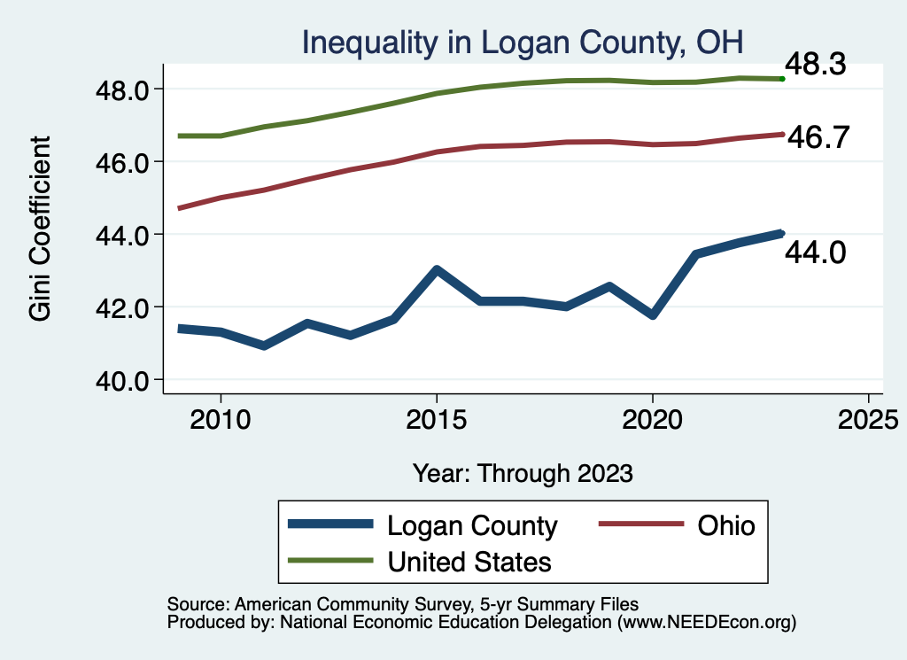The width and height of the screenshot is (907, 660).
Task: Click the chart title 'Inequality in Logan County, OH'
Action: point(523,42)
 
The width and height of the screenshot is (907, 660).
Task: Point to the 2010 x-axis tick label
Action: point(221,419)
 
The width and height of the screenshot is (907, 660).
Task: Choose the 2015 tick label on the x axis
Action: point(436,419)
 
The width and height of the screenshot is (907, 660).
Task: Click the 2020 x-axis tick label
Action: point(652,419)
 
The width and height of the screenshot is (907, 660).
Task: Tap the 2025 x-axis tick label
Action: point(868,419)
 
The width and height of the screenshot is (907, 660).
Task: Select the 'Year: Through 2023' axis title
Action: point(523,473)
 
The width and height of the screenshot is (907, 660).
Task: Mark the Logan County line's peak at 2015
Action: point(436,269)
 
